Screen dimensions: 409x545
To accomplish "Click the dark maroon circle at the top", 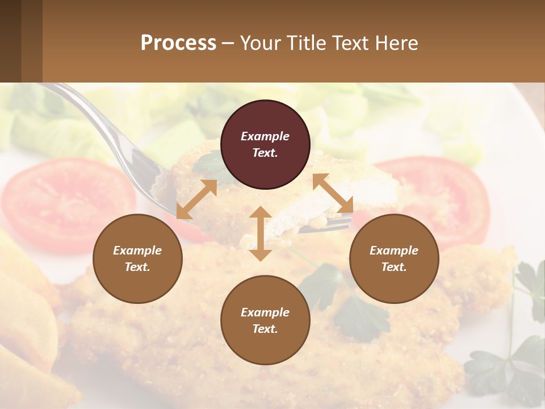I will [x=265, y=145].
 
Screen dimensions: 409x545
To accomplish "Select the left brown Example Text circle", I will [x=137, y=259].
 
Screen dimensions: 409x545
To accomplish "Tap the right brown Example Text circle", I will [x=394, y=259].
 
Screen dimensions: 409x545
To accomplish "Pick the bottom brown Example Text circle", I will [x=265, y=320].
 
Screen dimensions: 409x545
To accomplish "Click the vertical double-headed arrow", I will [x=261, y=233].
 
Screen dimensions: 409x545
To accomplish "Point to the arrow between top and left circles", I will [x=196, y=199].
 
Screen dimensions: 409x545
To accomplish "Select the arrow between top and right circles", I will [x=333, y=193].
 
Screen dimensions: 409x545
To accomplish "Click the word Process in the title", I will [x=178, y=43].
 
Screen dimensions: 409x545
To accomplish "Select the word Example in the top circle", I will [x=265, y=136].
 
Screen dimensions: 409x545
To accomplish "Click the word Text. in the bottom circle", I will [x=265, y=329].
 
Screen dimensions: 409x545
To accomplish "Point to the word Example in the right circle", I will [x=394, y=251].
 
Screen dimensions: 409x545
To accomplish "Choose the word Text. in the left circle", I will [x=137, y=267].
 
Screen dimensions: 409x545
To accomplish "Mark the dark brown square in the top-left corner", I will [x=21, y=41].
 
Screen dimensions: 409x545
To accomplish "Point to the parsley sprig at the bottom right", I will [x=511, y=358].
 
